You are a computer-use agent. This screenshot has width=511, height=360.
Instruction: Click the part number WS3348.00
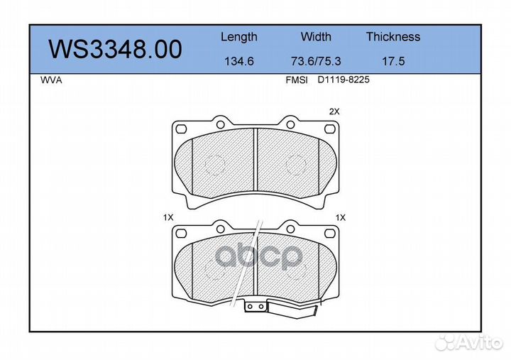pyautogui.click(x=115, y=49)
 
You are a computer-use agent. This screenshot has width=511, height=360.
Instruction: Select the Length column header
pyautogui.click(x=239, y=37)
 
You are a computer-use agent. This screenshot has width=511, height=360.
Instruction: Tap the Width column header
pyautogui.click(x=316, y=36)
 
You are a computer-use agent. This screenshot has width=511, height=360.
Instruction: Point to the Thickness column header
pyautogui.click(x=393, y=36)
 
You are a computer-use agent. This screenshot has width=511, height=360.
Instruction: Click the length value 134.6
pyautogui.click(x=239, y=61)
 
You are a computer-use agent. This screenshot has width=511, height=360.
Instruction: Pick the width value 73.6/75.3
pyautogui.click(x=316, y=61)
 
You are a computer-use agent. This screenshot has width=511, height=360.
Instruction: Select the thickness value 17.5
pyautogui.click(x=393, y=61)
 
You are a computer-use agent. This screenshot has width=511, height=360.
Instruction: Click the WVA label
pyautogui.click(x=51, y=80)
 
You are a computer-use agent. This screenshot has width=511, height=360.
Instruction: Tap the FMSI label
pyautogui.click(x=297, y=80)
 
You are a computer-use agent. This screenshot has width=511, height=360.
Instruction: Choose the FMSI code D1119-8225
pyautogui.click(x=344, y=80)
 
